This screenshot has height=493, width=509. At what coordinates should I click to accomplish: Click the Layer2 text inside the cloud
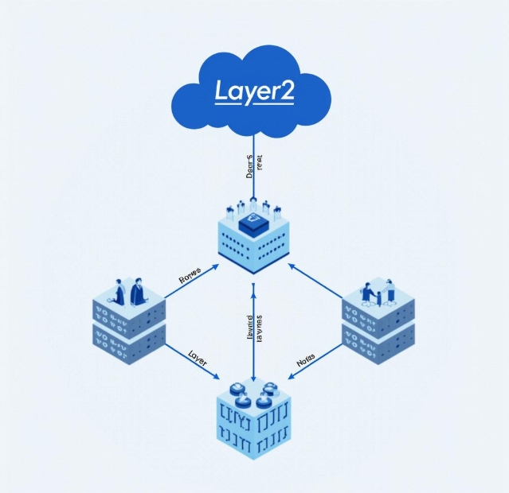[x=254, y=91]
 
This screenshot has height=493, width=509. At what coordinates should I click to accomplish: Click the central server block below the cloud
[x=253, y=239]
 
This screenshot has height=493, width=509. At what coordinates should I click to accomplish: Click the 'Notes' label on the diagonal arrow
[x=306, y=360]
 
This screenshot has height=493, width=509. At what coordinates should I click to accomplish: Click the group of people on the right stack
[x=380, y=292]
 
